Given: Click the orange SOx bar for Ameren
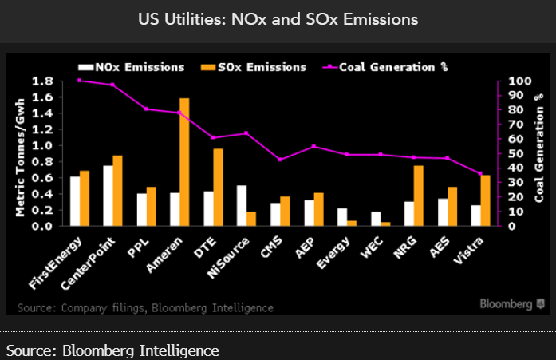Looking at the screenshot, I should tap(184, 162).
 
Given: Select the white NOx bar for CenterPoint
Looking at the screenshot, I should tap(108, 196).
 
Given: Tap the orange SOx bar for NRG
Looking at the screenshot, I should tap(419, 196).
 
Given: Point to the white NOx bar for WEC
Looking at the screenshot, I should tap(375, 219).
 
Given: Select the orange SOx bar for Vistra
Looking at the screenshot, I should tap(486, 200).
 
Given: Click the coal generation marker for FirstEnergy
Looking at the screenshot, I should tap(79, 81).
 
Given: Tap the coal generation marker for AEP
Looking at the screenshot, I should tap(313, 146).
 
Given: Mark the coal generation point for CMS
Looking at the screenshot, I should tap(280, 160).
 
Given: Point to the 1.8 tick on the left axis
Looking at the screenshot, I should tap(44, 81).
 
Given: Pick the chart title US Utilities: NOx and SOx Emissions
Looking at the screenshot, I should tap(278, 18).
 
